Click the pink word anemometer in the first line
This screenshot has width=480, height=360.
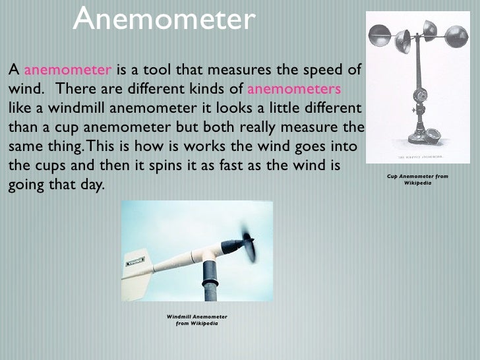[67, 70]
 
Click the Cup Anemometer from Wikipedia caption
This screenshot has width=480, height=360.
[417, 179]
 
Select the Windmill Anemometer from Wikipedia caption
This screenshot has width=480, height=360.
[196, 320]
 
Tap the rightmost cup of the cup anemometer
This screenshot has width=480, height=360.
[456, 36]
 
